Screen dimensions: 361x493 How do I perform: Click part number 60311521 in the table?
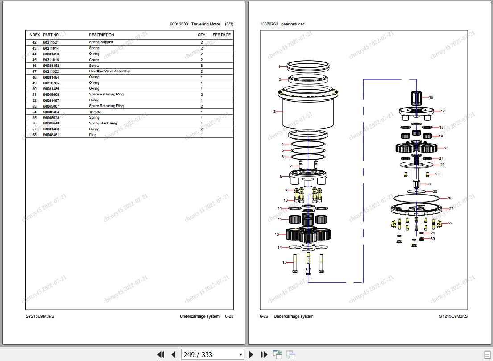click(51, 42)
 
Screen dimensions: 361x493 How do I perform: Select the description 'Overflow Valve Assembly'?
click(109, 71)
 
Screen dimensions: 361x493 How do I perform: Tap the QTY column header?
click(202, 35)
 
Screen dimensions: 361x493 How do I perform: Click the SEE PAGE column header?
click(221, 35)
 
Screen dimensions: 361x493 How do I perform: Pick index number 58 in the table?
click(34, 135)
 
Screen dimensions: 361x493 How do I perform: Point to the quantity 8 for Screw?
click(202, 66)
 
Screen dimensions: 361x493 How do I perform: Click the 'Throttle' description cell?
click(95, 112)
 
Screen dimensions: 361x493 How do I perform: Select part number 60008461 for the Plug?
click(51, 135)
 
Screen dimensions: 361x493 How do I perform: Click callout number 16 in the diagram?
click(431, 97)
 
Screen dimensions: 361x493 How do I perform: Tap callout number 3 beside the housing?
click(274, 112)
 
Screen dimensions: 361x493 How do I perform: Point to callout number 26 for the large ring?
click(449, 198)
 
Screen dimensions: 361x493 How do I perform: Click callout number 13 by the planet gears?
click(277, 234)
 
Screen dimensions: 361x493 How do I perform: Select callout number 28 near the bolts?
click(450, 223)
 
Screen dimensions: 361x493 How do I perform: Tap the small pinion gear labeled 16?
click(416, 97)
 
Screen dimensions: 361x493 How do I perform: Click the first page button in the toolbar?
click(161, 354)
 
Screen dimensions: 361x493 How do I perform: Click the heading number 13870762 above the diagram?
click(269, 24)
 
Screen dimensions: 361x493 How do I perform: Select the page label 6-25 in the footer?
click(229, 316)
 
